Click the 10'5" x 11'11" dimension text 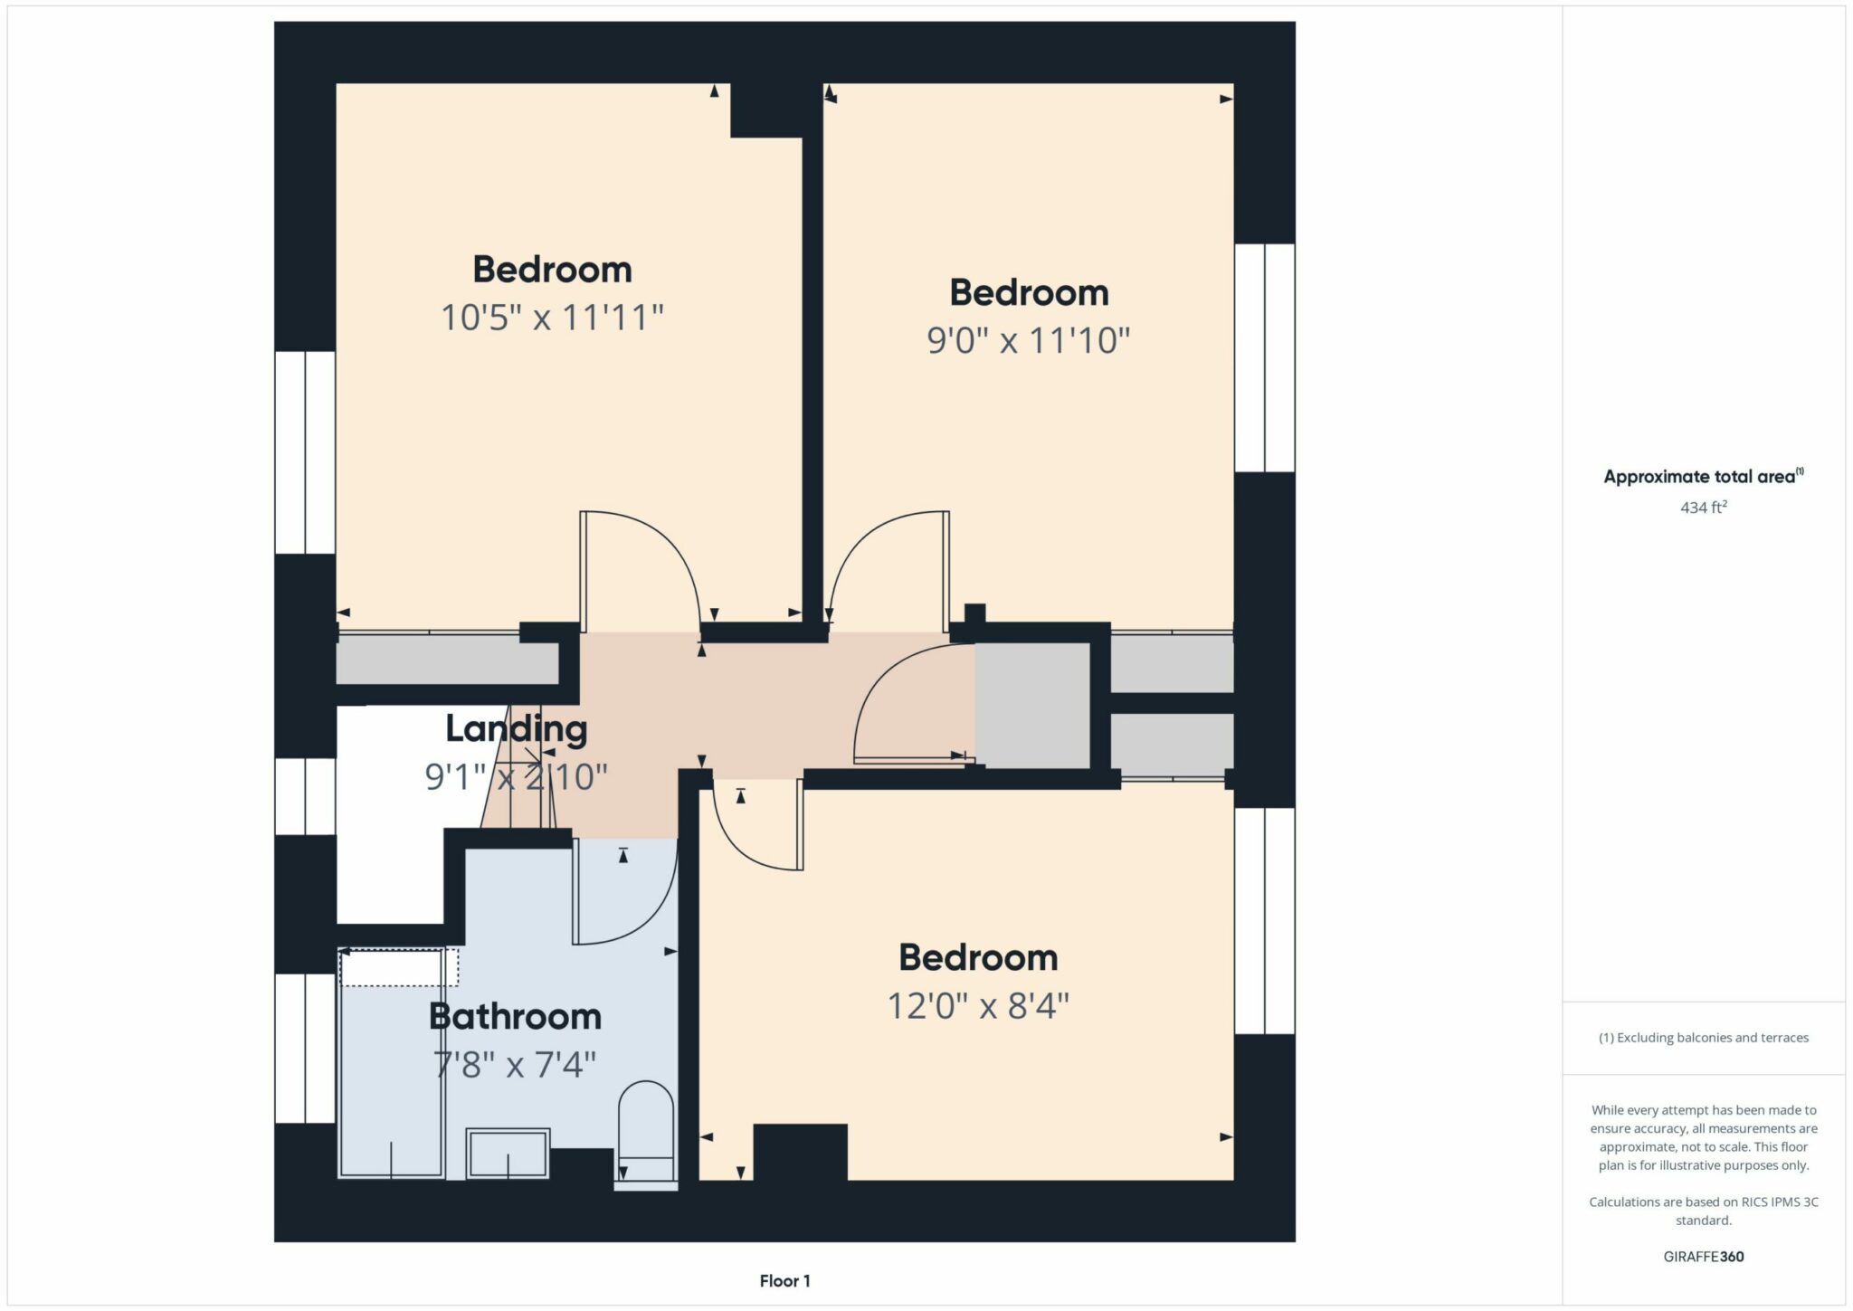(552, 318)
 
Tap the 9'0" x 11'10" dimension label (1029, 341)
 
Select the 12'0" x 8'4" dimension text (978, 1005)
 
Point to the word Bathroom (515, 1016)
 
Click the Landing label (516, 728)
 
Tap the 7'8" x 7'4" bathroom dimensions (515, 1064)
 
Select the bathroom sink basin (508, 1154)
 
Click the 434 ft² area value (1704, 508)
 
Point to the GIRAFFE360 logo (1704, 1257)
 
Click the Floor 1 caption (785, 1281)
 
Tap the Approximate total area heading (1704, 477)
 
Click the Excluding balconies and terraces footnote (1704, 1038)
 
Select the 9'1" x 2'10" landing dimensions (516, 776)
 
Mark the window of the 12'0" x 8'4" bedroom (1265, 921)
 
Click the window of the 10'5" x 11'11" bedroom (305, 452)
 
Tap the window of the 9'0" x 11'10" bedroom (1265, 357)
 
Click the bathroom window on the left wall (305, 1048)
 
